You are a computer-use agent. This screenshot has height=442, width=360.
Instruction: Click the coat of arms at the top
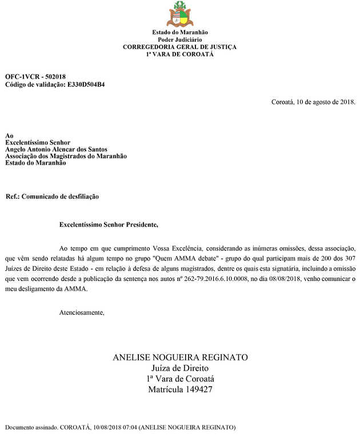coord(179,14)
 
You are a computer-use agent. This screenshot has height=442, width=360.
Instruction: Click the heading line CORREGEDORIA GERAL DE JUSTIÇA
coord(179,47)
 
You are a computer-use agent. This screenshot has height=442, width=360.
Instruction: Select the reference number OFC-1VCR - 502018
coord(35,77)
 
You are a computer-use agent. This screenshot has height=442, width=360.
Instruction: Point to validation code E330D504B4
coord(85,84)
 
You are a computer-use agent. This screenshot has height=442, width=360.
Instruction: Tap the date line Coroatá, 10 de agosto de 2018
coord(313,102)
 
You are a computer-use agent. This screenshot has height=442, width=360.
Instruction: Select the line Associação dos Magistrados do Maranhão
coord(66,156)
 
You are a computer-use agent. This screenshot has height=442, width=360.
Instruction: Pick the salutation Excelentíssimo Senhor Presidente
coord(108,225)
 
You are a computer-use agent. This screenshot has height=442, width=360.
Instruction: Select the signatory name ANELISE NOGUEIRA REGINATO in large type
coord(180,357)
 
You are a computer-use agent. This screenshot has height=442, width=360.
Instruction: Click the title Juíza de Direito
coord(180,368)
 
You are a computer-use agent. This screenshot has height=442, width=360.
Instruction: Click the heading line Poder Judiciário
coord(179,40)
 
